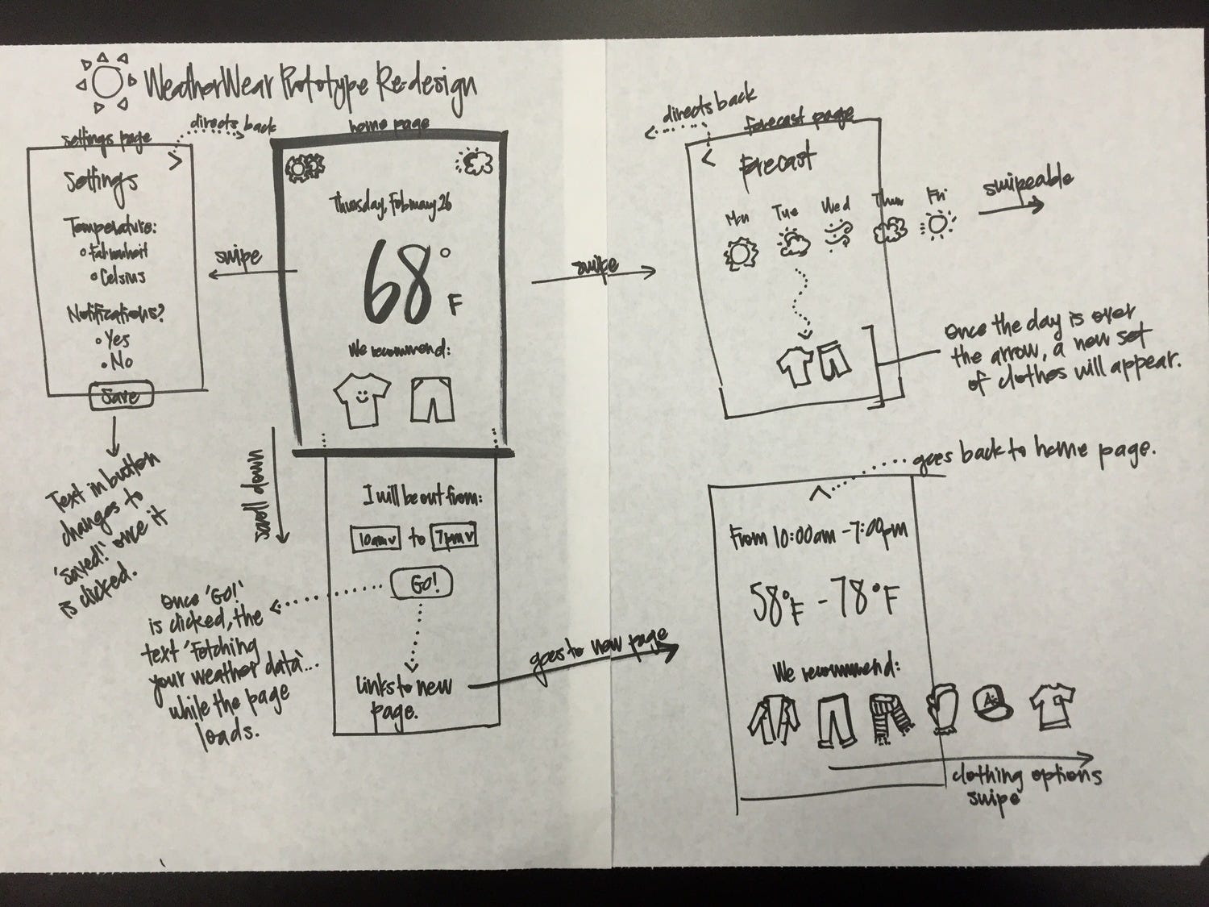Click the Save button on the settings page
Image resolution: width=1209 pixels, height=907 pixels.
(120, 396)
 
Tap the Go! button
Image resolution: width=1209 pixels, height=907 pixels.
(420, 585)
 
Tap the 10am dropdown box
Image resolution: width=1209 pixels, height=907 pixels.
(376, 539)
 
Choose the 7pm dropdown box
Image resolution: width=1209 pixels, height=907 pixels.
(454, 538)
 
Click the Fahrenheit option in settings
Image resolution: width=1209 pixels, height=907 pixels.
(119, 252)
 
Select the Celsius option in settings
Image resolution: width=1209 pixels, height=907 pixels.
(118, 277)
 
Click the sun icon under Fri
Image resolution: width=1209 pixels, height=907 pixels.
(937, 226)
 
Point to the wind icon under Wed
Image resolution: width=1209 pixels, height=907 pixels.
(835, 234)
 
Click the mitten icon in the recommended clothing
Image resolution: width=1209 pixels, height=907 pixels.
(940, 709)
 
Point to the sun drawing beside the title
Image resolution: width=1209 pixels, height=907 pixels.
(107, 82)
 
